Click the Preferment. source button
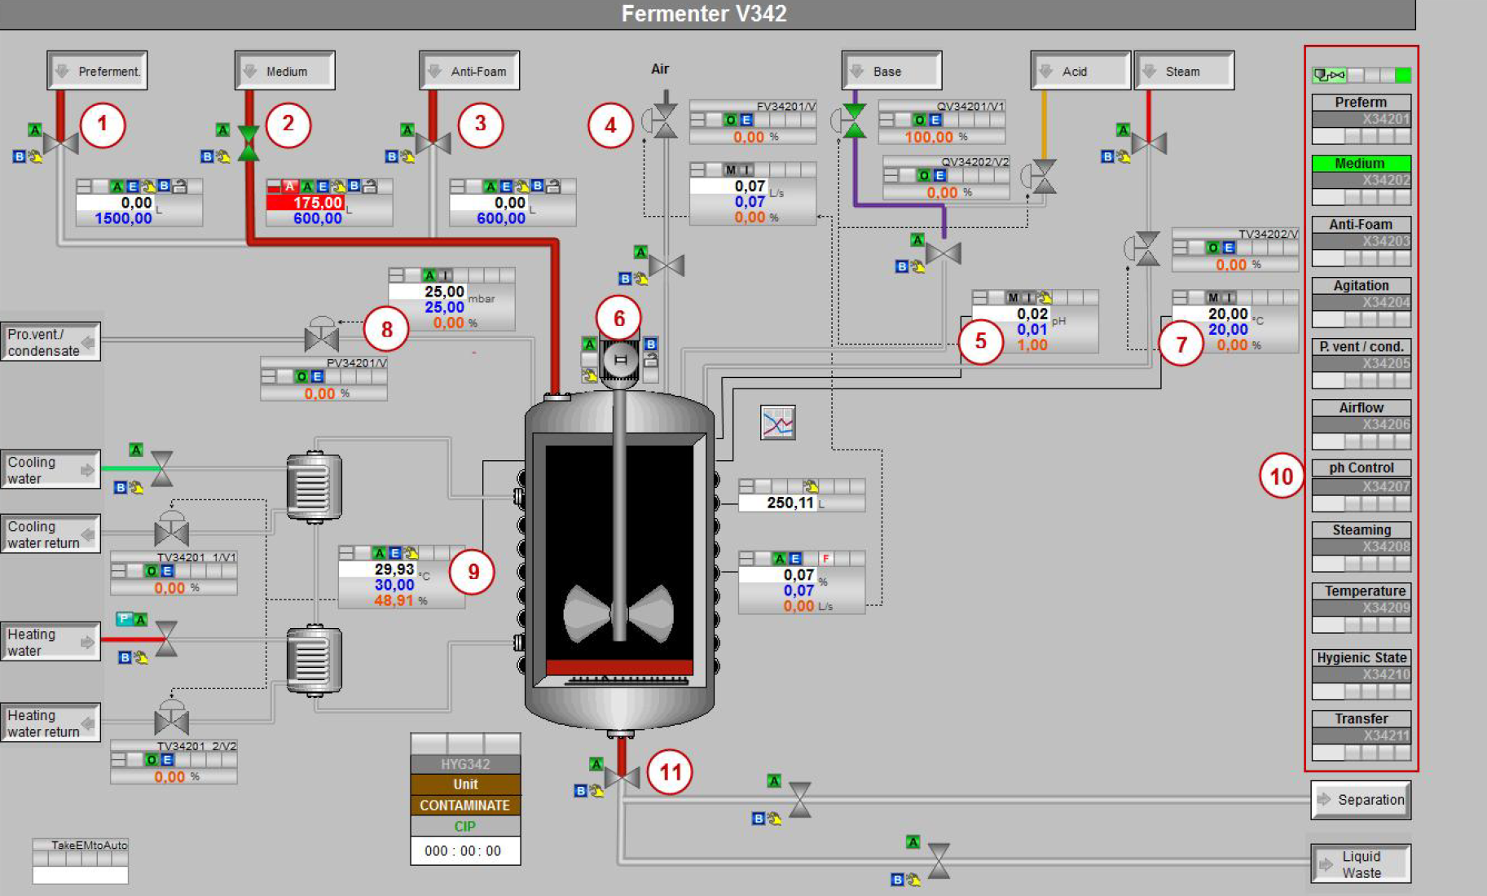click(98, 71)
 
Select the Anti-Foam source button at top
click(469, 71)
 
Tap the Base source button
click(891, 71)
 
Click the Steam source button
click(1184, 71)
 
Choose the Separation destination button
click(1361, 800)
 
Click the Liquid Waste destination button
click(1361, 864)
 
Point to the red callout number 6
click(618, 318)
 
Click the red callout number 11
click(670, 771)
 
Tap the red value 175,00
click(317, 203)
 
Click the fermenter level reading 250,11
click(790, 503)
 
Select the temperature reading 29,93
click(394, 569)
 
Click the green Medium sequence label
click(1360, 164)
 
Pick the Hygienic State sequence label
click(1361, 657)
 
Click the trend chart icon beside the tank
click(777, 423)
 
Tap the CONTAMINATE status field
click(464, 805)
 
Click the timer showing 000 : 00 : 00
click(464, 850)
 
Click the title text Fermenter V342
click(704, 14)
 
